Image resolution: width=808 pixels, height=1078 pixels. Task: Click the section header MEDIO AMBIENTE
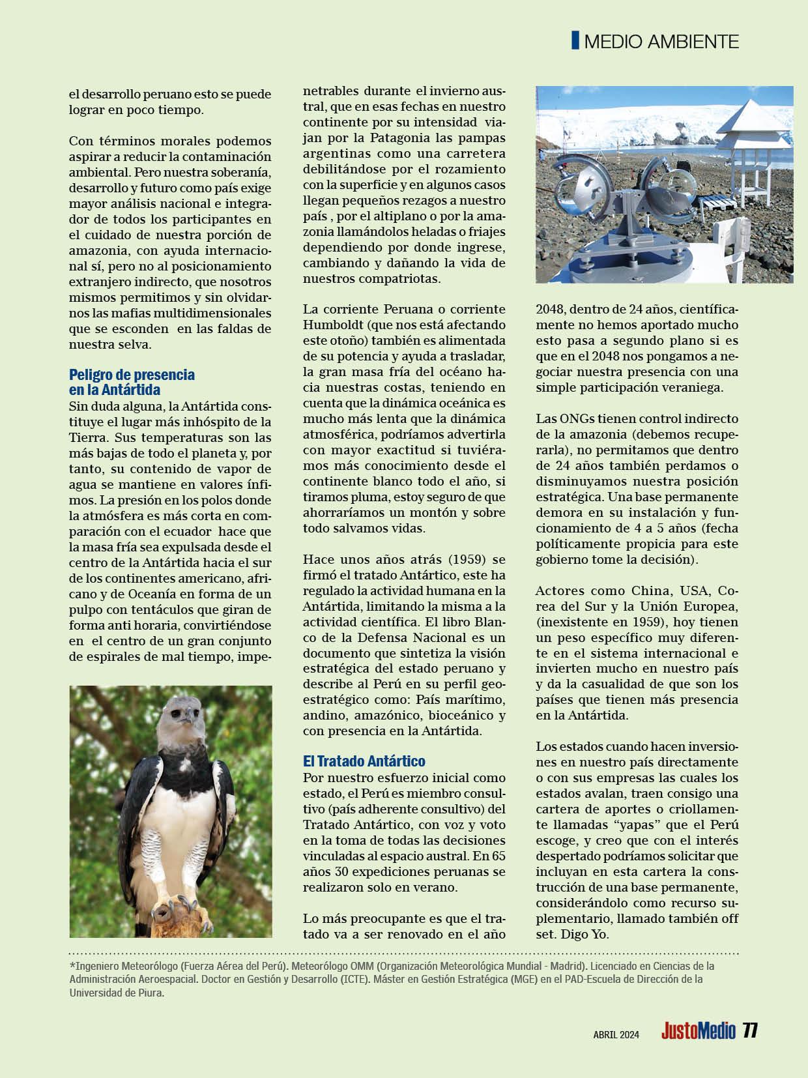click(x=661, y=42)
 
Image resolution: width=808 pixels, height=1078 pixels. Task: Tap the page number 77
click(x=751, y=1031)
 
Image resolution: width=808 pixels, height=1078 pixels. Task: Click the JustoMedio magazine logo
click(x=698, y=1032)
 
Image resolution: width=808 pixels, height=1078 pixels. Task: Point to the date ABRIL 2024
click(x=616, y=1034)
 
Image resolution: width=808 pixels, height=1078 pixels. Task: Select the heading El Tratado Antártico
click(x=364, y=761)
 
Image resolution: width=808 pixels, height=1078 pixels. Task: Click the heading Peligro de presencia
click(x=132, y=375)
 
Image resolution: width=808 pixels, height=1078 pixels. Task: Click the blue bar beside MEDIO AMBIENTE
click(x=575, y=40)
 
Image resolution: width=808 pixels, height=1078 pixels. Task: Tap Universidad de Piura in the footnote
click(x=117, y=993)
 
